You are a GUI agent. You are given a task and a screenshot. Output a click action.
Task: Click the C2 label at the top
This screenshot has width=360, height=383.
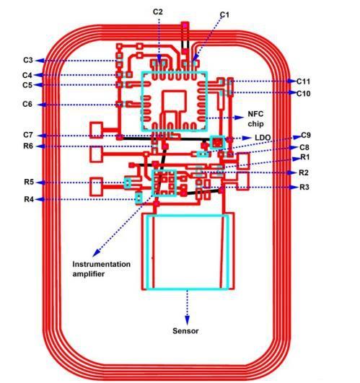[x=157, y=12]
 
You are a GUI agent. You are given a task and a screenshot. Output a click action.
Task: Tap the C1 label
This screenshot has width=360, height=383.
[x=224, y=15]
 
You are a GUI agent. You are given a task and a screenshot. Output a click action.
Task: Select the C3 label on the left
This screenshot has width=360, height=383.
[x=28, y=60]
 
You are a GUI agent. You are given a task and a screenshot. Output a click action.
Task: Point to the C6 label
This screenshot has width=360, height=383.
[x=27, y=105]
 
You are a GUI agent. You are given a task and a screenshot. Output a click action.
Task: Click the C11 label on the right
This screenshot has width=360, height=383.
[x=303, y=82]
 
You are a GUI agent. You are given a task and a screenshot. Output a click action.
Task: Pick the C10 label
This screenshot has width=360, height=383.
[x=303, y=93]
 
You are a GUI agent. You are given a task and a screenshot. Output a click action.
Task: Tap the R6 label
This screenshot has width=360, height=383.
[x=28, y=146]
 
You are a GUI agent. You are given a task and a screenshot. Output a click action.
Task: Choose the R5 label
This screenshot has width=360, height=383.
[x=29, y=182]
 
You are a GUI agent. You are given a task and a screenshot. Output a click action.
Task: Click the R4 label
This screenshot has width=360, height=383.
[x=29, y=199]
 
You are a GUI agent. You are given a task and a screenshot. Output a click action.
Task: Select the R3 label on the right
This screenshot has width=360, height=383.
[x=304, y=187]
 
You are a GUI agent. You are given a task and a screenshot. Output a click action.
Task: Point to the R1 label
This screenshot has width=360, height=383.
[x=304, y=157]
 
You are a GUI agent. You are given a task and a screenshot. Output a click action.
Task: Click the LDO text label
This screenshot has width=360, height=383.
[x=263, y=138]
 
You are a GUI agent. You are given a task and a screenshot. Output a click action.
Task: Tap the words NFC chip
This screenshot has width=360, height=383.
[x=255, y=119]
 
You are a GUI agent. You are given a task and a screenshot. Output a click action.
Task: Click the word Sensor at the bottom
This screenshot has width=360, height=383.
[x=185, y=331]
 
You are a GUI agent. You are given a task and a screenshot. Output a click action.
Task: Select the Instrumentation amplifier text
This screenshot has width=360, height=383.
[x=101, y=269]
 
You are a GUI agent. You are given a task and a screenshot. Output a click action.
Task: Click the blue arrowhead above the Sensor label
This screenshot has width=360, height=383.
[x=187, y=320]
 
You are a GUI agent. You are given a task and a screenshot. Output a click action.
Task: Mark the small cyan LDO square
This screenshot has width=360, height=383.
[x=218, y=142]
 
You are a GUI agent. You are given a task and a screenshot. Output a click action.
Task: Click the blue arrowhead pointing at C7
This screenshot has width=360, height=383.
[x=41, y=136]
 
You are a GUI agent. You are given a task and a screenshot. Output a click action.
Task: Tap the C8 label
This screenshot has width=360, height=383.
[x=304, y=148]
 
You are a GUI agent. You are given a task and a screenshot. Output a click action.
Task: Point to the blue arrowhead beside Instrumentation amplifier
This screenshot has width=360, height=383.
[x=96, y=252]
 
